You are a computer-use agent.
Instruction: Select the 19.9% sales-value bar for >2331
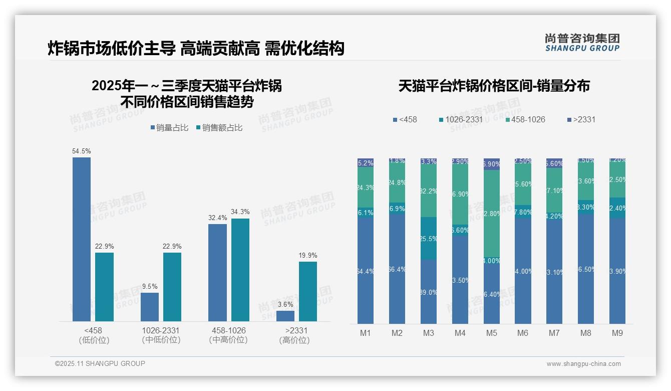click(x=308, y=291)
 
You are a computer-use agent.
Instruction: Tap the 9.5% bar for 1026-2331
click(x=150, y=307)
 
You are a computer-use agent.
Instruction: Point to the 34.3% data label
click(x=240, y=212)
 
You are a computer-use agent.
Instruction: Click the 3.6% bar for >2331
click(x=285, y=316)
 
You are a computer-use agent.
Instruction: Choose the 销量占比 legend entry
click(x=169, y=128)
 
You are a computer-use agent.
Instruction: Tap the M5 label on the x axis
click(x=491, y=333)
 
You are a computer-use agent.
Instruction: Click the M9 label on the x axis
click(x=617, y=333)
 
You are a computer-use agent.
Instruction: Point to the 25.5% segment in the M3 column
click(x=429, y=238)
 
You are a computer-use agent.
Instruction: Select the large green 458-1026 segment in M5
click(x=492, y=214)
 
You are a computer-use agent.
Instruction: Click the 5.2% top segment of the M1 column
click(x=366, y=162)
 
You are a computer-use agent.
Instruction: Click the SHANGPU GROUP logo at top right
click(x=582, y=43)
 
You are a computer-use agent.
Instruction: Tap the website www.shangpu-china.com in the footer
click(x=583, y=364)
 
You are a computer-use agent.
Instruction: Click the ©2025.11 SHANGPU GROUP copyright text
click(x=100, y=364)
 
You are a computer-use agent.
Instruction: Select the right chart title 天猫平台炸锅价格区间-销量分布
click(x=494, y=86)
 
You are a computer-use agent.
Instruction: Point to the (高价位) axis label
click(x=294, y=340)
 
